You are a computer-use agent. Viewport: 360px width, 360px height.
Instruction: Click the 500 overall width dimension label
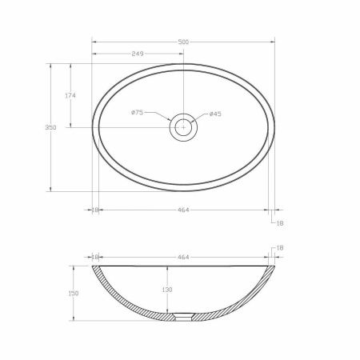click(183, 42)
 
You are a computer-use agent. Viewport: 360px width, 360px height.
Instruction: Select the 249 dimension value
click(138, 54)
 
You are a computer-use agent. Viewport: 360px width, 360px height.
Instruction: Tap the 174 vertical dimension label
click(70, 95)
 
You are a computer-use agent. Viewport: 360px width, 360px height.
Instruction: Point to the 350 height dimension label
click(50, 127)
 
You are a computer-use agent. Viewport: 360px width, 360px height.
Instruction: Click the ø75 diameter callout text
click(138, 113)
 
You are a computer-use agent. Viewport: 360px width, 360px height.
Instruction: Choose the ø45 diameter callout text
click(215, 114)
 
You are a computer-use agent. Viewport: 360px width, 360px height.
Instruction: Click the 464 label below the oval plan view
click(183, 210)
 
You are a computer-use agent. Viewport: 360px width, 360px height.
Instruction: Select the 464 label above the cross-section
click(183, 257)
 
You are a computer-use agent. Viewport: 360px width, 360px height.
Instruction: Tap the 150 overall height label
click(74, 294)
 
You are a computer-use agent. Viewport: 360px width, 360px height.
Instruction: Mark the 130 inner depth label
click(167, 290)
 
